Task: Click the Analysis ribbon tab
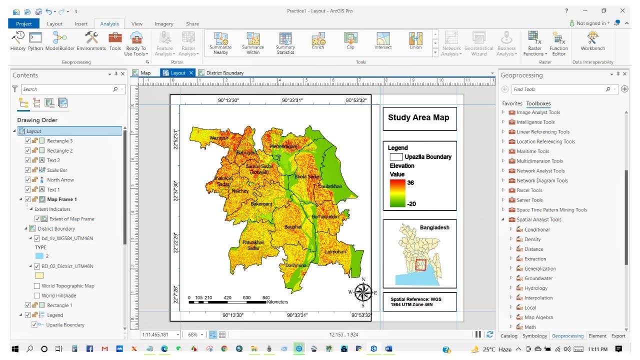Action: [x=109, y=23]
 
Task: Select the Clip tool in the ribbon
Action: [x=350, y=41]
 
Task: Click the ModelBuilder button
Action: [x=60, y=41]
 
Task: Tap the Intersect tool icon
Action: [x=383, y=41]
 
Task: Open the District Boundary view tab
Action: [x=224, y=73]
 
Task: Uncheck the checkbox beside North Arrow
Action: [x=28, y=180]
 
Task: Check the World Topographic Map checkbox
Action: [x=37, y=286]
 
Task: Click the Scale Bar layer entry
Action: [x=57, y=170]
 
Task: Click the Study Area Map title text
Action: [x=418, y=118]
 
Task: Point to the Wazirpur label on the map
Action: [x=219, y=137]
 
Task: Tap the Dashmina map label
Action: [x=295, y=266]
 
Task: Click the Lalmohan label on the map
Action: [x=335, y=252]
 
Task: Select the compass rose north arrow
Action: [x=363, y=292]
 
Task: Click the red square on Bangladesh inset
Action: [x=420, y=265]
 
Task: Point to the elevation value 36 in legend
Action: [x=410, y=183]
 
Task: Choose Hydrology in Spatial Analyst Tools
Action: [x=535, y=288]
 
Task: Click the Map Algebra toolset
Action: [x=538, y=317]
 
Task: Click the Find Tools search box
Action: [x=557, y=89]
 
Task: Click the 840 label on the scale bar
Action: [x=266, y=297]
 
